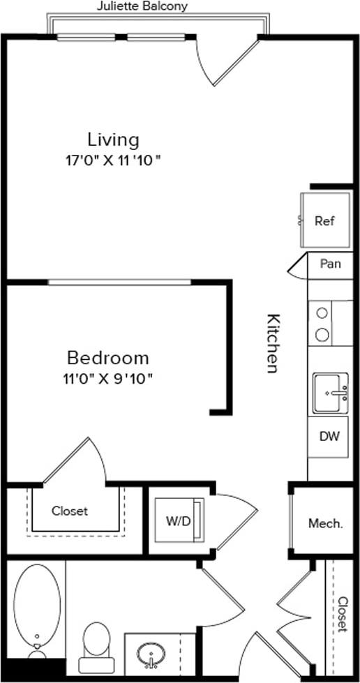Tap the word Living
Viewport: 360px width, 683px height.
(113, 138)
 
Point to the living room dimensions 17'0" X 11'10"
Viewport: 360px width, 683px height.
(113, 159)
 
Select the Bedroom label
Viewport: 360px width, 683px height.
(107, 358)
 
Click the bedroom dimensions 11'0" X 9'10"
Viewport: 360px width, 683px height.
(107, 379)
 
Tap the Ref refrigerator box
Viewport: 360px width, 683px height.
(324, 221)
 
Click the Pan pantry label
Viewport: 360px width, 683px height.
(330, 264)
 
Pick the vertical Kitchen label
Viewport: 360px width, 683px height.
(273, 343)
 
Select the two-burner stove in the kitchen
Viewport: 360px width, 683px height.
(322, 324)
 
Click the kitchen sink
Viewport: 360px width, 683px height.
(330, 393)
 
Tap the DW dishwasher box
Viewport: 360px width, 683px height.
(329, 437)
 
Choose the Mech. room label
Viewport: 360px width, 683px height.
(326, 523)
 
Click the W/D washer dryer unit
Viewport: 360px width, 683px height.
(176, 520)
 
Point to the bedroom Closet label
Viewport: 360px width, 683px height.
(70, 511)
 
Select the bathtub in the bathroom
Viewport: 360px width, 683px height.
(36, 606)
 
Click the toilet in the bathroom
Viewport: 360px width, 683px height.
(96, 645)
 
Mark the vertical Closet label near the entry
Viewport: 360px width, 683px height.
(343, 614)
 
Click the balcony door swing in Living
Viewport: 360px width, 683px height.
(223, 59)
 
